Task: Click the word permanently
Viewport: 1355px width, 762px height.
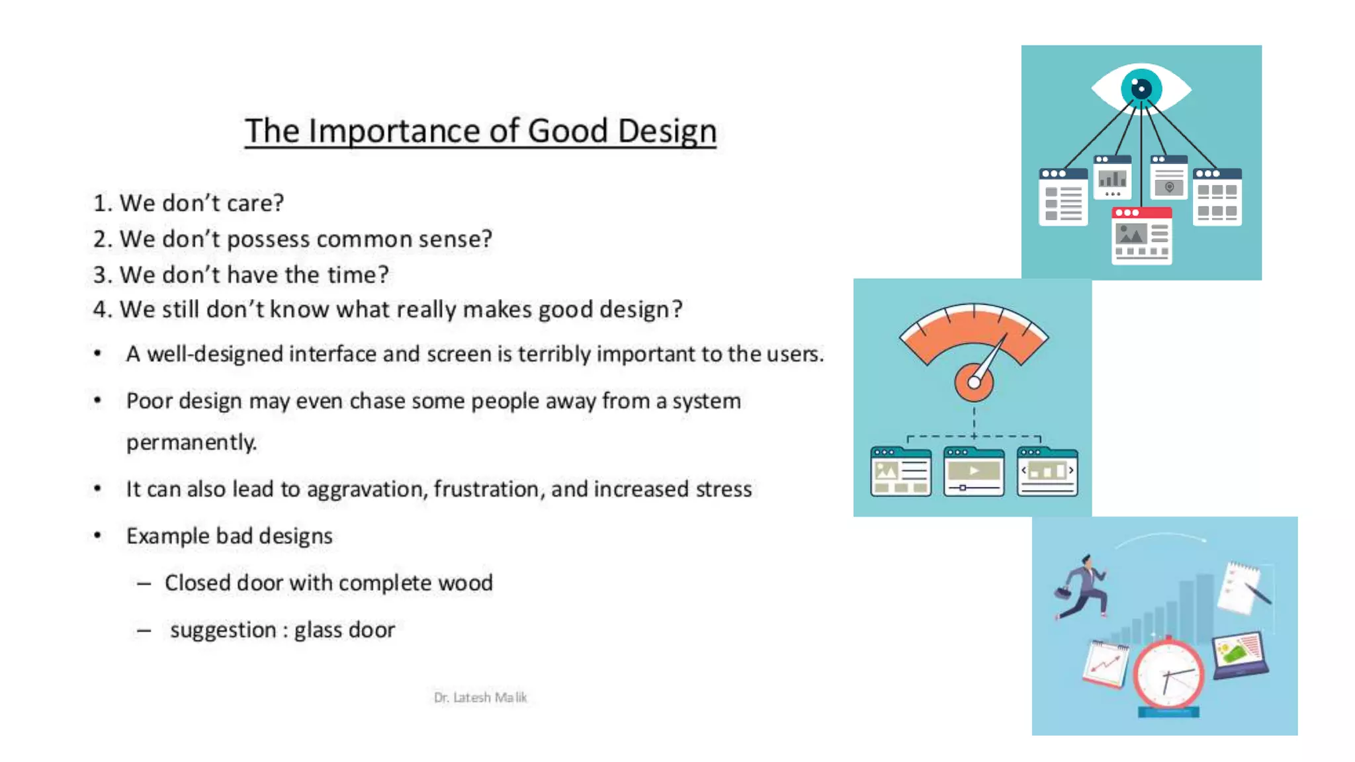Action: tap(191, 442)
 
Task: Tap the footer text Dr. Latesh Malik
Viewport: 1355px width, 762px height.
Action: tap(480, 697)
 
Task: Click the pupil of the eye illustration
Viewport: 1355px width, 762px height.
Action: tap(1141, 89)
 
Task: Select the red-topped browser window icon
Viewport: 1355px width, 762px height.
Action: tap(1142, 235)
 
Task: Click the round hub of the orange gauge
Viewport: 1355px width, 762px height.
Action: tap(974, 382)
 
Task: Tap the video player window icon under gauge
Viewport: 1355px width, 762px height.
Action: tap(974, 472)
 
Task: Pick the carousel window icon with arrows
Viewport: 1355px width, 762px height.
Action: tap(1047, 472)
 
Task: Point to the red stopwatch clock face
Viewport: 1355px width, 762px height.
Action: tap(1168, 675)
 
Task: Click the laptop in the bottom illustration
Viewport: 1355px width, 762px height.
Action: tap(1240, 655)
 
